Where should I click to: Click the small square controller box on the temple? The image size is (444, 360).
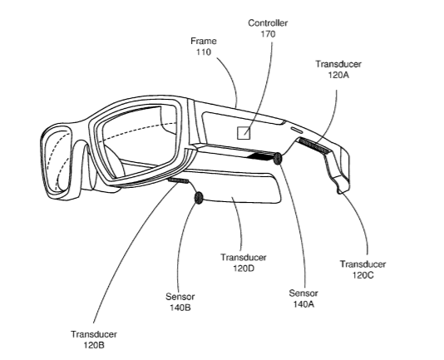[244, 133]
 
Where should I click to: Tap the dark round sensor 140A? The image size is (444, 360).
[278, 158]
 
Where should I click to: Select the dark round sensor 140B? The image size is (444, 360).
[199, 198]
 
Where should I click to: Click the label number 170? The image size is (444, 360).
[268, 34]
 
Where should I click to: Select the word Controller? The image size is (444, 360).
[268, 23]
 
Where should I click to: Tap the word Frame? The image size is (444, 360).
[204, 41]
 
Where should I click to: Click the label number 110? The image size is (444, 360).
[204, 52]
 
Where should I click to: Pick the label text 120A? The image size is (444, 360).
[338, 75]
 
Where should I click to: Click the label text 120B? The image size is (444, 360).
[94, 345]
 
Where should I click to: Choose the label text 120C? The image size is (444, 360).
[363, 275]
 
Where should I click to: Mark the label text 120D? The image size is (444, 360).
[244, 269]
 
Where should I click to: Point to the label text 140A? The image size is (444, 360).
[303, 304]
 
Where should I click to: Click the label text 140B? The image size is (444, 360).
[180, 308]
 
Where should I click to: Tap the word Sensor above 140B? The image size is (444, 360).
[180, 297]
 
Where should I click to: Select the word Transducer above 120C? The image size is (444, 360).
[363, 264]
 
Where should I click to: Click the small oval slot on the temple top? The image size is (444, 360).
[296, 130]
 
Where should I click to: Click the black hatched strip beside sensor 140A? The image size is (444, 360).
[260, 156]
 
